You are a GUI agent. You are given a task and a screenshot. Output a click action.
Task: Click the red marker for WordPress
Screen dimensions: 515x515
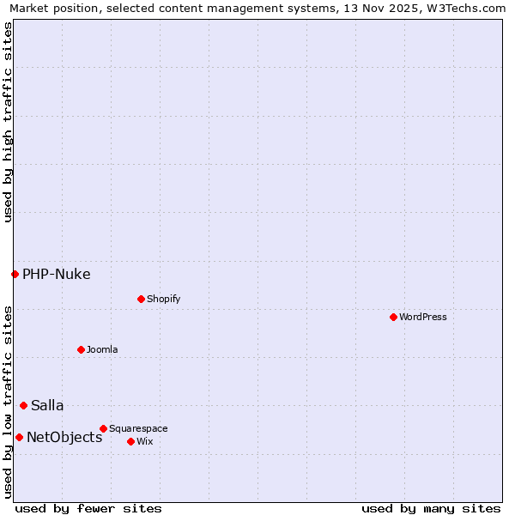[x=393, y=317]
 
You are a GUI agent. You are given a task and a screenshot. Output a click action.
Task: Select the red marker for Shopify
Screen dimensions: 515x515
[x=141, y=299]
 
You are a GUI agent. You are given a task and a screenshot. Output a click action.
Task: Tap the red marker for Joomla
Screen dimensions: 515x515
[x=81, y=349]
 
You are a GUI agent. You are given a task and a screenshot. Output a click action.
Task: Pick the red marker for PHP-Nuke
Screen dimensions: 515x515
[x=15, y=274]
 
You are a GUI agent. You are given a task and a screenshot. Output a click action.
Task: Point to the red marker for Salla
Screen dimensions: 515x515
[x=23, y=405]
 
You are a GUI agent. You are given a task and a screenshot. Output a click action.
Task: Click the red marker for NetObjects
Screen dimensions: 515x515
[x=19, y=437]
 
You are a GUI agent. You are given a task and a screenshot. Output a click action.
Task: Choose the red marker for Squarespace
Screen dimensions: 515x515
[x=103, y=428]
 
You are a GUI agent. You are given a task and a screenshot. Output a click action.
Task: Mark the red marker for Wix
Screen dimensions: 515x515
[x=130, y=441]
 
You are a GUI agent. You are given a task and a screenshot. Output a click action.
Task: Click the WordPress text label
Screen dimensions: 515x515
[x=423, y=317]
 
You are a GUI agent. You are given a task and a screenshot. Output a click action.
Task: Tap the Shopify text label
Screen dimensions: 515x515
[x=163, y=299]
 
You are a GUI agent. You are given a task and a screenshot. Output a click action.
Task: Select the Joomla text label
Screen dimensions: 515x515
[x=102, y=349]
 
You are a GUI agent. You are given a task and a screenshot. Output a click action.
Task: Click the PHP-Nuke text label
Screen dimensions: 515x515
[x=57, y=275]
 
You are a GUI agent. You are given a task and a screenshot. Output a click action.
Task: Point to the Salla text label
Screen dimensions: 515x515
[x=47, y=406]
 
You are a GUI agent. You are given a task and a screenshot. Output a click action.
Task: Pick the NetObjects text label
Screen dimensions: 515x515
[x=64, y=438]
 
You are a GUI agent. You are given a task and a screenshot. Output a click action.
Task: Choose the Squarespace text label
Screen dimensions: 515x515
[x=138, y=428]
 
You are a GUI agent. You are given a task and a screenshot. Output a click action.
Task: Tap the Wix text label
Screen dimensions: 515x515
[x=144, y=441]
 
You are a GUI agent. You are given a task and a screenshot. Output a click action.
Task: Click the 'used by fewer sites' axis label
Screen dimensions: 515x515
[x=88, y=508]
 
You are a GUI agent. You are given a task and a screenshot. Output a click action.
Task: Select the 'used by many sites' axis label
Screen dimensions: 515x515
[x=431, y=508]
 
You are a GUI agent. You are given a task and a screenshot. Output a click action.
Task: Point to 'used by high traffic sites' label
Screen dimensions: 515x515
[x=8, y=122]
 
